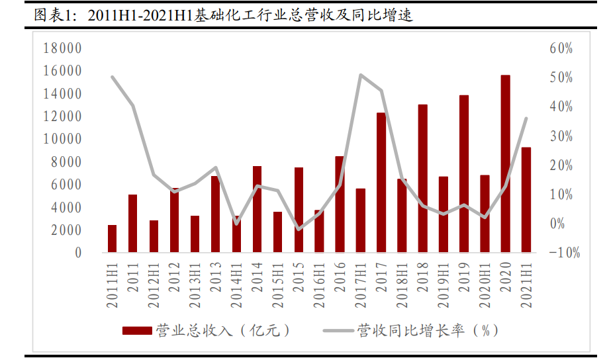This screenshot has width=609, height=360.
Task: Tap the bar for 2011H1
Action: point(113,239)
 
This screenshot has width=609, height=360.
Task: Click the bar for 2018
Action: point(422,179)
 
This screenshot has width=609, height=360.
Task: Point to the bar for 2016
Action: point(340,204)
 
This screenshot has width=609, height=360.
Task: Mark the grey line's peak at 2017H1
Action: point(360,75)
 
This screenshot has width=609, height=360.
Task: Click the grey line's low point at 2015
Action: point(299,230)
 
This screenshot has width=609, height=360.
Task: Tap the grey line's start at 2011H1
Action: point(113,77)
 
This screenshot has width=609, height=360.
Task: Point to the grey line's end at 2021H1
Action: point(526,118)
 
